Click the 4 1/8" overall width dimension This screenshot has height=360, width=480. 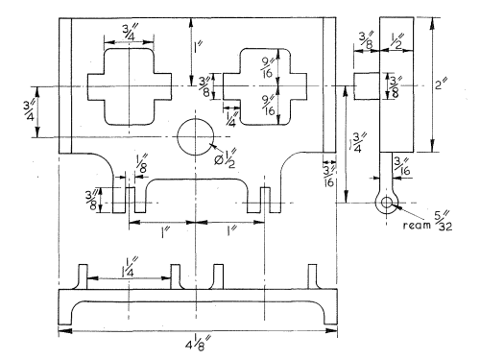click(199, 344)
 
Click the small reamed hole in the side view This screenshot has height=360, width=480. click(387, 203)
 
